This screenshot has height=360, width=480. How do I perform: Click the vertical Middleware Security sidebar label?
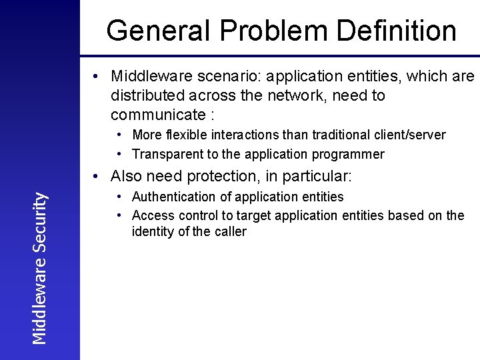pyautogui.click(x=40, y=268)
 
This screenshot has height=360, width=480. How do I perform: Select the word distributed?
pyautogui.click(x=148, y=96)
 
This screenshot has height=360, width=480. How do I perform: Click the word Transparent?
pyautogui.click(x=165, y=155)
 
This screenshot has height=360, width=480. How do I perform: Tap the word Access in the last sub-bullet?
pyautogui.click(x=151, y=215)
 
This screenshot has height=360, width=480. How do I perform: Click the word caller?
pyautogui.click(x=229, y=232)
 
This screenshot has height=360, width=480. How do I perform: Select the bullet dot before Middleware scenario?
pyautogui.click(x=97, y=77)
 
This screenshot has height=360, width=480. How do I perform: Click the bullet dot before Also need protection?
pyautogui.click(x=97, y=177)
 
